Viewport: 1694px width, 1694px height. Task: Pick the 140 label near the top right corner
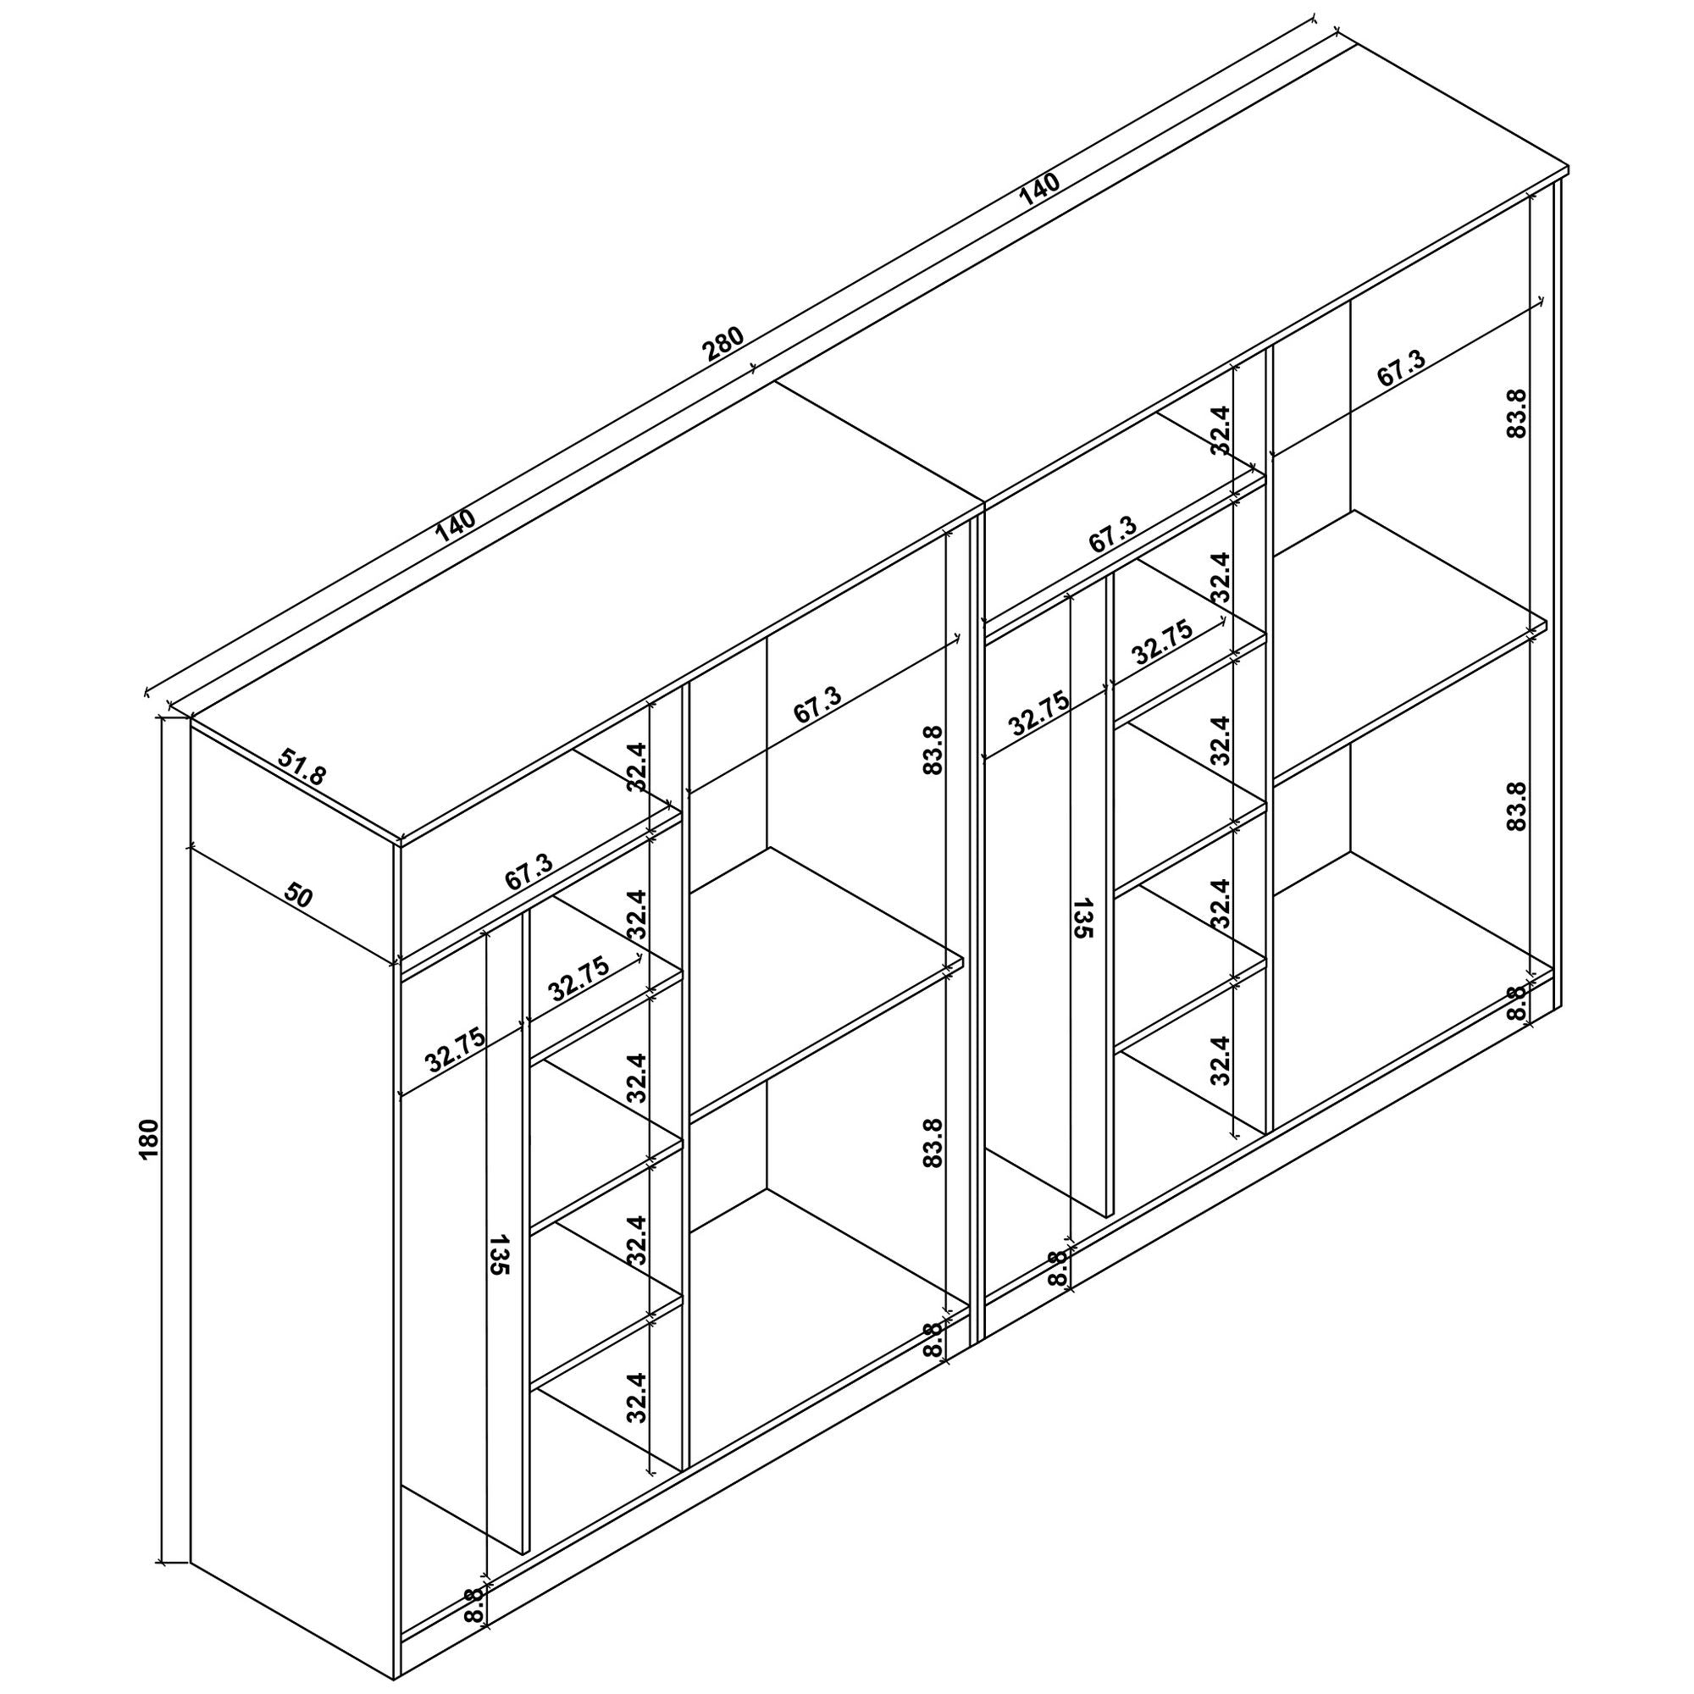pos(1040,191)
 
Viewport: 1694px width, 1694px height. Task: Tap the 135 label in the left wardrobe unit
pos(499,1254)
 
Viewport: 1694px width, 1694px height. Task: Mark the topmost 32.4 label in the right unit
pos(1221,429)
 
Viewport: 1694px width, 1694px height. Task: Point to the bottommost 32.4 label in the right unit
pos(1221,1060)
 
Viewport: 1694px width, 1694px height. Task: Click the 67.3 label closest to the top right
pos(1401,369)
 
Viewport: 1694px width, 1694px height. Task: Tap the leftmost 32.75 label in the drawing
pos(455,1050)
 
